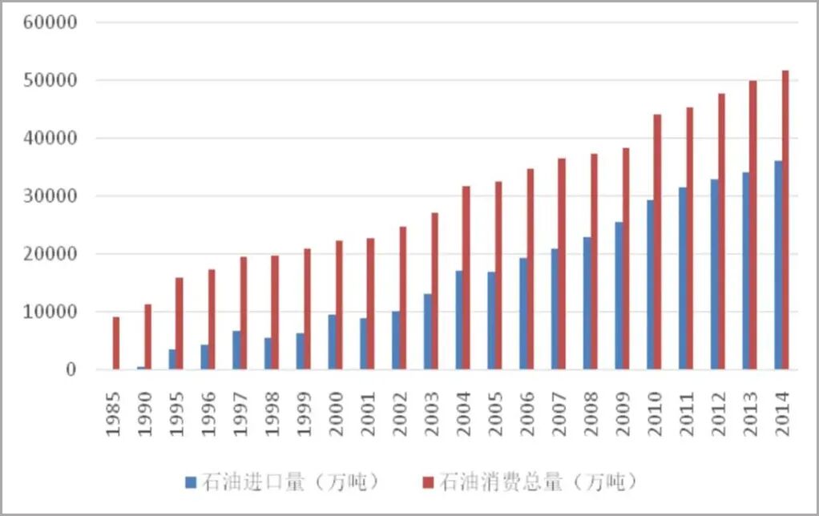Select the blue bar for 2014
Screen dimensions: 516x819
(x=777, y=265)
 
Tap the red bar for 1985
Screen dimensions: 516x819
(x=116, y=343)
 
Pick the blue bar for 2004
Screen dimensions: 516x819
(x=458, y=320)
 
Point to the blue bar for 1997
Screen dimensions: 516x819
(x=236, y=350)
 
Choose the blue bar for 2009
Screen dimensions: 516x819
(x=618, y=296)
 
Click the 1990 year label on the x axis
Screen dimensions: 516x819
(x=144, y=413)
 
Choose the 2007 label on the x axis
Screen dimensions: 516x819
(x=559, y=413)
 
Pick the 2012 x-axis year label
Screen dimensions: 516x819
(x=718, y=413)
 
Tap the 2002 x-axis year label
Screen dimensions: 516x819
(x=399, y=413)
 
